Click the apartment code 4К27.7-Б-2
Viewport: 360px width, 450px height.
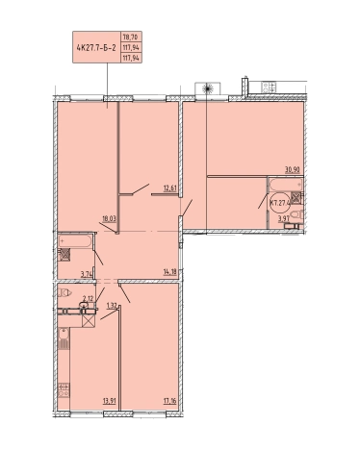click(x=96, y=48)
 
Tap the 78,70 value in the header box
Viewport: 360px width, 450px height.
click(x=131, y=37)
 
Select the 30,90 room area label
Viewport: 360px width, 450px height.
click(x=293, y=170)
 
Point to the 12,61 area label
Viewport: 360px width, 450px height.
click(x=170, y=188)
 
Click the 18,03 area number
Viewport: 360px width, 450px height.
click(x=109, y=219)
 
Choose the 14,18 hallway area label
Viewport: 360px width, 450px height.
click(x=170, y=273)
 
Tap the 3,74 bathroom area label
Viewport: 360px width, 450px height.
click(x=87, y=274)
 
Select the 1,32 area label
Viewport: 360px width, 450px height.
click(x=112, y=306)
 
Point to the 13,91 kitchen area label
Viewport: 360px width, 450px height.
click(x=109, y=400)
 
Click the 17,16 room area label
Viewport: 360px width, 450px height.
click(x=169, y=400)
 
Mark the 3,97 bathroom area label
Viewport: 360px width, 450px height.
click(x=283, y=219)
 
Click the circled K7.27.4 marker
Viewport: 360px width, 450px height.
click(x=280, y=203)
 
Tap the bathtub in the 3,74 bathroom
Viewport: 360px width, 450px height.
click(x=75, y=241)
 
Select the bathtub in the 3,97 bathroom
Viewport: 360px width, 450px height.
click(x=286, y=185)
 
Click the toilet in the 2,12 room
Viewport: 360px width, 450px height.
click(x=65, y=292)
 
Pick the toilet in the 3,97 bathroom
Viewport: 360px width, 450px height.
click(x=296, y=215)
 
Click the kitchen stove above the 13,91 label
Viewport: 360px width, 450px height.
click(x=64, y=390)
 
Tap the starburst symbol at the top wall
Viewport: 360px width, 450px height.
click(x=207, y=88)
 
